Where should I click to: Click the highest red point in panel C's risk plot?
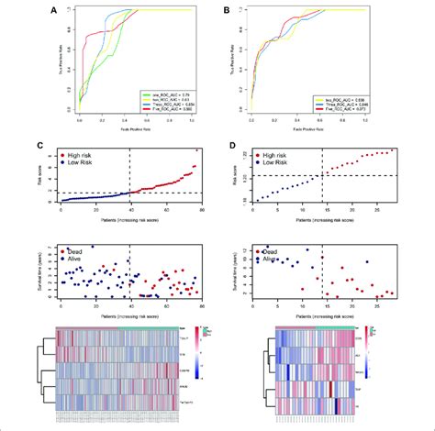(197, 150)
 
